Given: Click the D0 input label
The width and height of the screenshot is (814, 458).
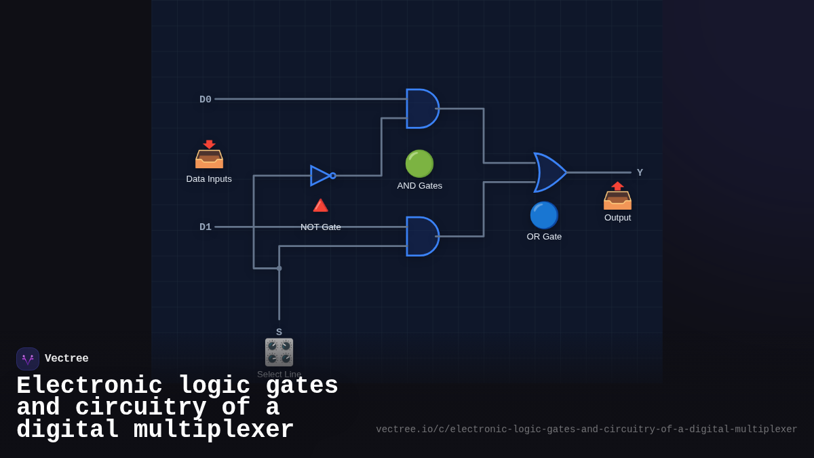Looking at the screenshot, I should [x=206, y=100].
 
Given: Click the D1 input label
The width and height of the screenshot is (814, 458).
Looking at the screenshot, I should [x=206, y=227].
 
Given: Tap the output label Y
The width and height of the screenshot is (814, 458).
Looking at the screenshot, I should [x=640, y=173].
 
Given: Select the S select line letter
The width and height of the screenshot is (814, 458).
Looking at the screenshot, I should [x=279, y=332].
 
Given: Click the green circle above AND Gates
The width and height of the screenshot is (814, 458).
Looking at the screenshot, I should [x=419, y=164].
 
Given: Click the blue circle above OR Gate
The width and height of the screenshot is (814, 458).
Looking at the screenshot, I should [x=544, y=215].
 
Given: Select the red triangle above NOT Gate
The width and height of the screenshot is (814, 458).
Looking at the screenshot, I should [x=320, y=205].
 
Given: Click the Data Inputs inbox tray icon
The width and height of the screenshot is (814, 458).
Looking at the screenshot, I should [x=209, y=155].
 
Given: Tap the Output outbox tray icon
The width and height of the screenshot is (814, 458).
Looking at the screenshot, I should [x=617, y=196].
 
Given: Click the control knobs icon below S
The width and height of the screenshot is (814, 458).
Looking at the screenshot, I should [x=279, y=352].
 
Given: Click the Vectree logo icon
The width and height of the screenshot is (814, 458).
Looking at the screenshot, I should [x=28, y=359].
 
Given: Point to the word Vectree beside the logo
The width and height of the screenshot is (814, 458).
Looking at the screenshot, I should [x=66, y=359].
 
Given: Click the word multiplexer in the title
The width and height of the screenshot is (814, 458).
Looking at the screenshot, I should [x=214, y=430].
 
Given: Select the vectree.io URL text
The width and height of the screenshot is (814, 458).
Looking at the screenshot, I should [x=586, y=430].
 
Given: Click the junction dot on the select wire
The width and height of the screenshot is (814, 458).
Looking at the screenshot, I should [x=279, y=269].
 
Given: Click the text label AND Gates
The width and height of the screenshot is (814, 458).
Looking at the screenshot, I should [x=419, y=186].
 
